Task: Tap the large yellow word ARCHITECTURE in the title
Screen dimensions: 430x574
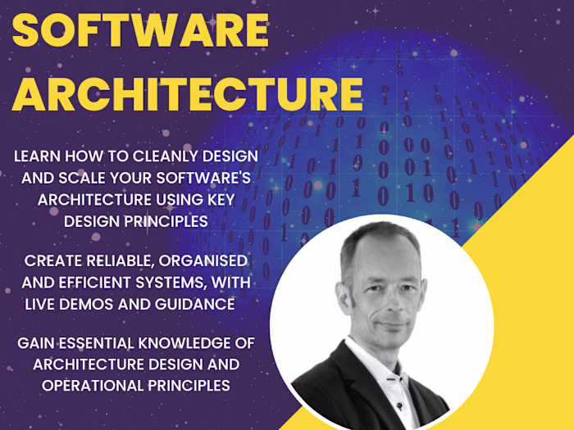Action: tap(187, 94)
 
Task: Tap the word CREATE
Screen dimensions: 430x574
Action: tap(52, 261)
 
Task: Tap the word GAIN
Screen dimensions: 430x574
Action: tap(35, 342)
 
